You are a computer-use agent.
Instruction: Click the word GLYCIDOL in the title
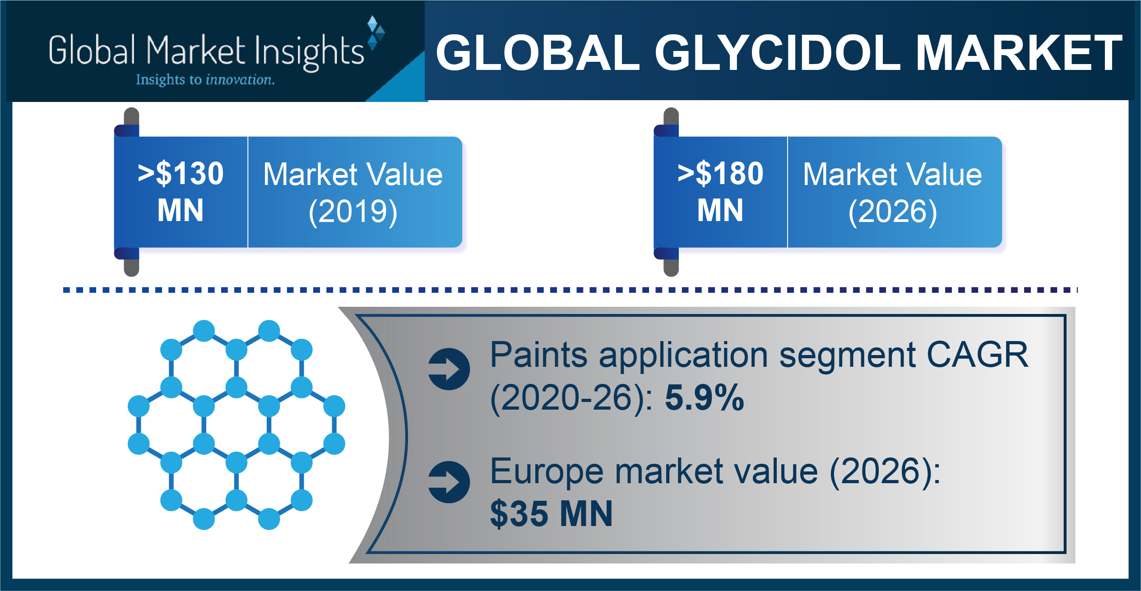tap(778, 53)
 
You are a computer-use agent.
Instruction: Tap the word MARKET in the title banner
tap(1019, 53)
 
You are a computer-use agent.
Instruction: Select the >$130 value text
tap(181, 173)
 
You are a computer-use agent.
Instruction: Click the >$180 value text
tap(720, 173)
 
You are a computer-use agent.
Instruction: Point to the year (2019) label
tap(353, 212)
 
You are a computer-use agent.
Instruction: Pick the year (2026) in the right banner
tap(893, 212)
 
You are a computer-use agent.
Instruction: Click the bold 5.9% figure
tap(704, 398)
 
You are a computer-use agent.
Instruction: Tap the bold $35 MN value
tap(552, 513)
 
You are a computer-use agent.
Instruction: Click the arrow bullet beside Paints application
tap(449, 369)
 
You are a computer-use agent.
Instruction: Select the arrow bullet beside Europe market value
tap(449, 482)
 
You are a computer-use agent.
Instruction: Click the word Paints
tap(539, 355)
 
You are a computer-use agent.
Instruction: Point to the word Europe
tap(547, 472)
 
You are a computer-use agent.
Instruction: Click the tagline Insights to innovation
tap(205, 80)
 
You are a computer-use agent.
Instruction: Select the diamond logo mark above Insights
tap(376, 32)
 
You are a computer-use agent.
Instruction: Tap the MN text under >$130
tap(181, 210)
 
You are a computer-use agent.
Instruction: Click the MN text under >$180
tap(720, 210)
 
